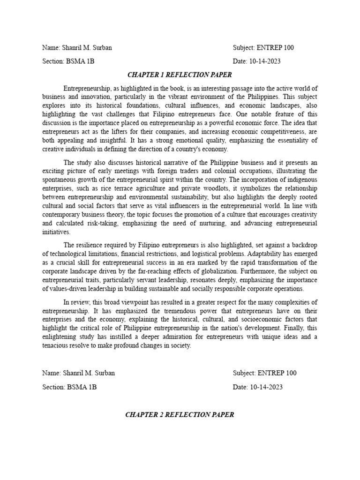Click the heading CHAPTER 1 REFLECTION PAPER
[180, 75]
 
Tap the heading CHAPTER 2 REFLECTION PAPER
[180, 414]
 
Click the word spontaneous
[60, 180]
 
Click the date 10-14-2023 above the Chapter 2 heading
[265, 387]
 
